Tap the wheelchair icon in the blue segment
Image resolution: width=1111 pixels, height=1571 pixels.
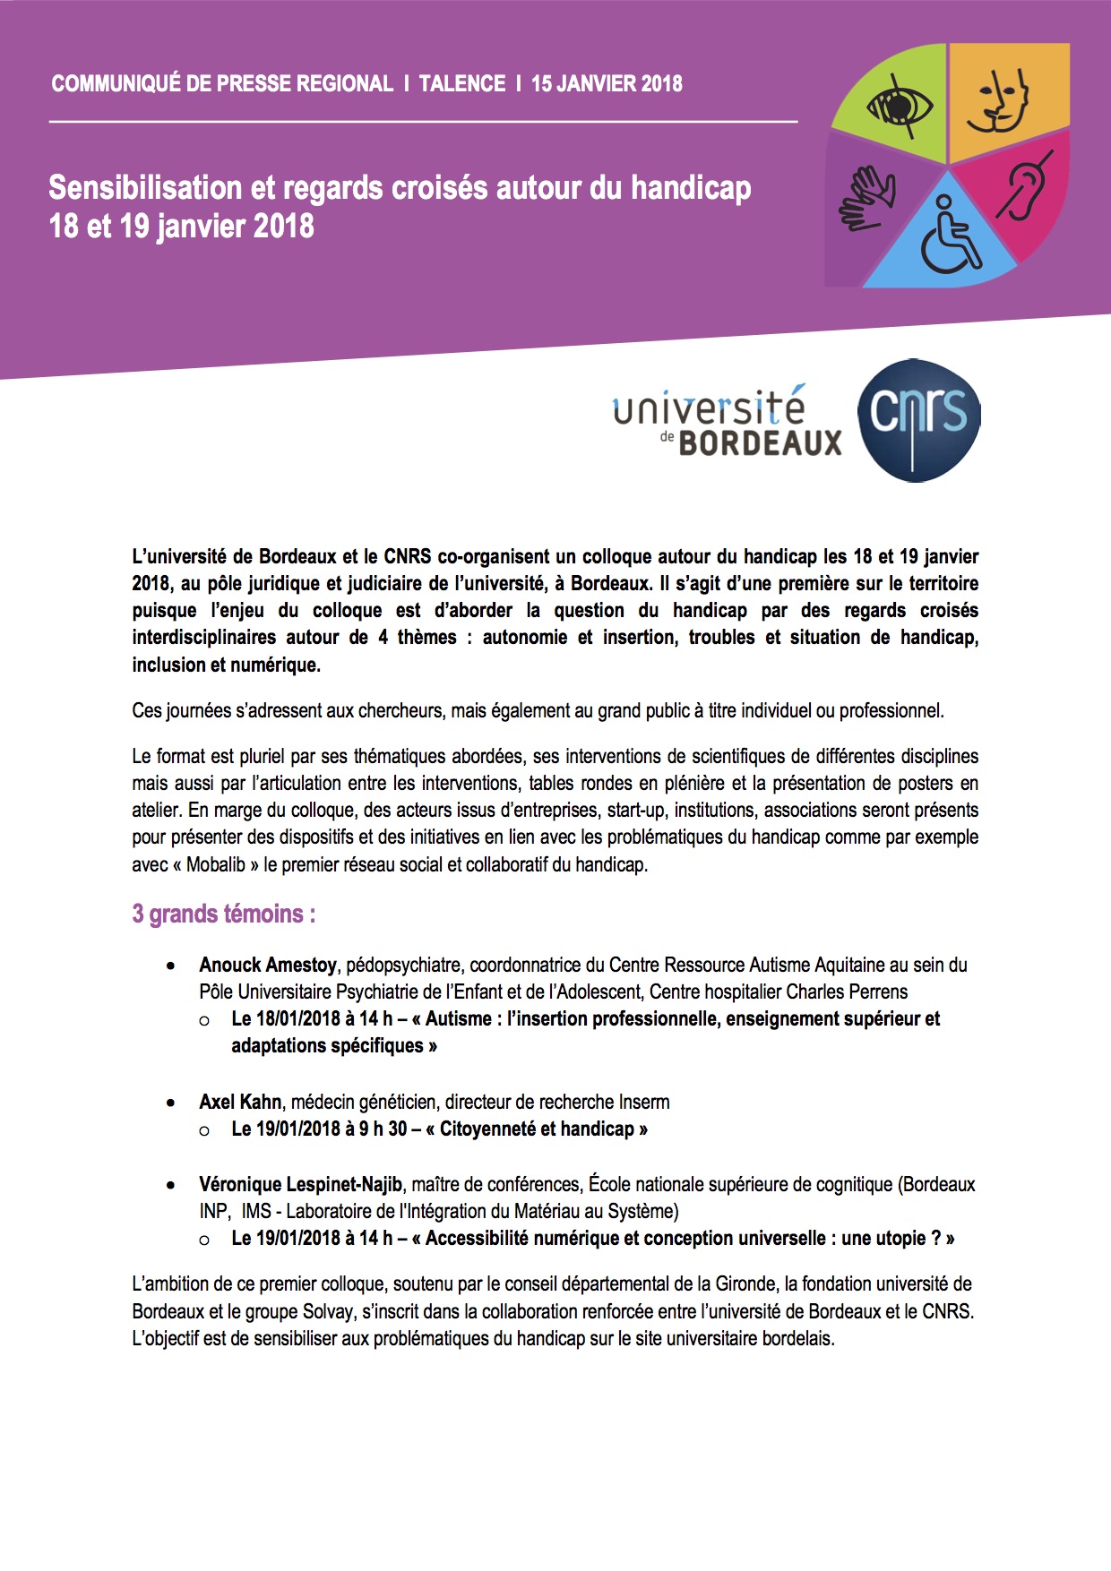pos(948,236)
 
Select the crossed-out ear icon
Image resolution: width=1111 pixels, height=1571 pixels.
pos(1024,185)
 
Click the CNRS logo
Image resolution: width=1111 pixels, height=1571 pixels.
pos(918,419)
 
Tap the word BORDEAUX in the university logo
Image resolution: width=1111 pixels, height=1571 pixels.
pos(760,442)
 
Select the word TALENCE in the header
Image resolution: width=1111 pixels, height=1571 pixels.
pos(462,84)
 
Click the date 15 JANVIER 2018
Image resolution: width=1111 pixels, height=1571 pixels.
pos(607,84)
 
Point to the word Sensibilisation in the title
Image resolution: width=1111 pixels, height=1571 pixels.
pos(144,188)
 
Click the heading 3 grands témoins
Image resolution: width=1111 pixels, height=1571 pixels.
pos(223,914)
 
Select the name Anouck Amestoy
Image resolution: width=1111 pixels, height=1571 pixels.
pos(267,966)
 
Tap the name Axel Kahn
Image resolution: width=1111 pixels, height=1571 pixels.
pos(240,1102)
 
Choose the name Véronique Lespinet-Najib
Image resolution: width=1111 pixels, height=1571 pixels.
pos(300,1185)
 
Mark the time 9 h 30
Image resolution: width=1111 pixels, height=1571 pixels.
pos(383,1129)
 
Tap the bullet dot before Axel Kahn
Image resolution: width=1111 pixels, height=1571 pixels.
pos(171,1103)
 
